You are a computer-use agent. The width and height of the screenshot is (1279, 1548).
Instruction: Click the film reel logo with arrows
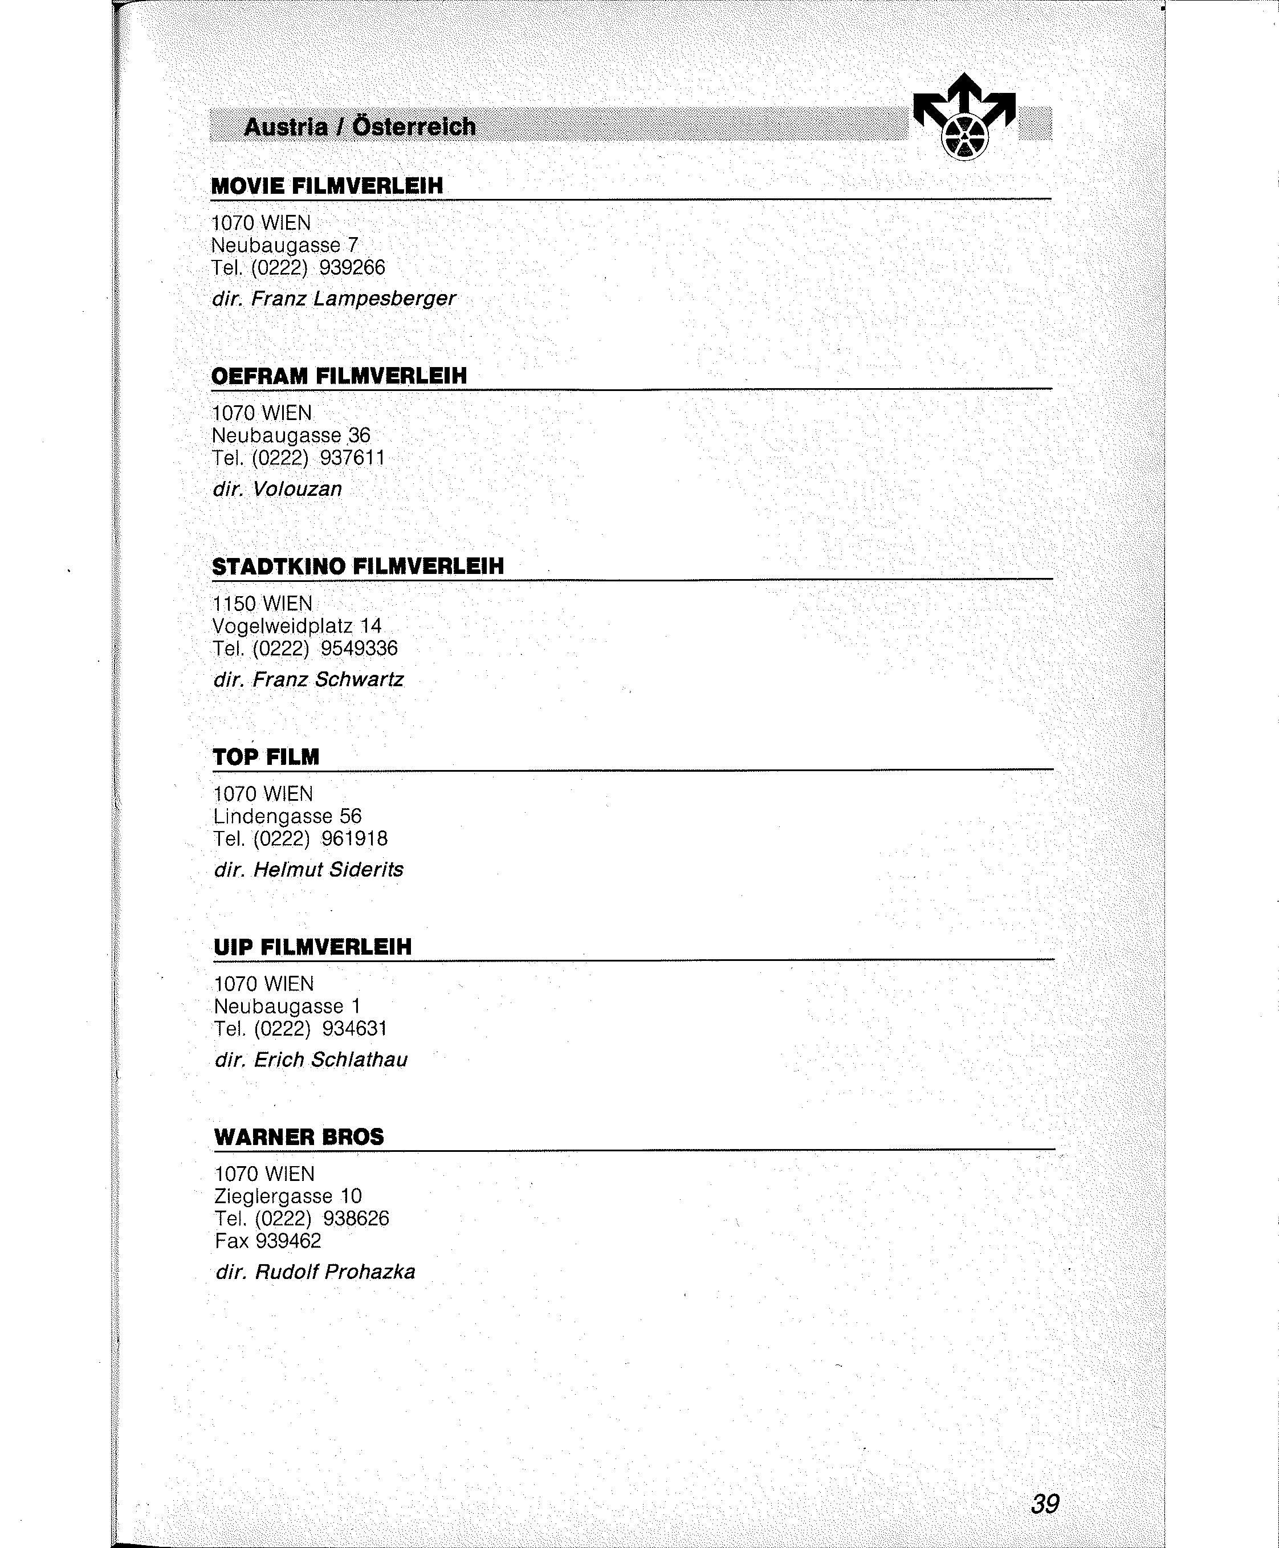(x=964, y=117)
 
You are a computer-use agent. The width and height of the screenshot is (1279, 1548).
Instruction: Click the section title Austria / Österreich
(x=360, y=127)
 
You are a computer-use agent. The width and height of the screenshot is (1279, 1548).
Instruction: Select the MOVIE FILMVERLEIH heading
(x=327, y=186)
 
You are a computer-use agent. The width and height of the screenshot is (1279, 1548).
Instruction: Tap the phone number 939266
(x=352, y=267)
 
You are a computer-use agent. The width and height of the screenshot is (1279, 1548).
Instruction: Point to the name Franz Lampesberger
(x=353, y=299)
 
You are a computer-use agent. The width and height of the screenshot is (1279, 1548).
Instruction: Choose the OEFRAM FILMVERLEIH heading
(x=339, y=376)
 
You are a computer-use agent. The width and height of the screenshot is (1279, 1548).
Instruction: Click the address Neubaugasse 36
(x=291, y=435)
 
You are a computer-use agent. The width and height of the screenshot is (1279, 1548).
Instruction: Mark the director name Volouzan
(x=297, y=488)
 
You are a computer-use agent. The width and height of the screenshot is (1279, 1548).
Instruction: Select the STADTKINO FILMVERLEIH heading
(x=358, y=566)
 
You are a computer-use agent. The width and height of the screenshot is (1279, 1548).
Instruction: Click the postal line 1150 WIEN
(x=262, y=604)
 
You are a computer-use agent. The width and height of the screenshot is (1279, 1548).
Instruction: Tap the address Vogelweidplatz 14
(x=297, y=626)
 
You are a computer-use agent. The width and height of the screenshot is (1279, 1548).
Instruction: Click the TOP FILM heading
(x=266, y=757)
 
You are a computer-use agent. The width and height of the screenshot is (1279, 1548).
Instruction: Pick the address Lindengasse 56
(x=287, y=816)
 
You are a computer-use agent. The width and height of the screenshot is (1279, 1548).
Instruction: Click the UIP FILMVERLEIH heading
(x=312, y=947)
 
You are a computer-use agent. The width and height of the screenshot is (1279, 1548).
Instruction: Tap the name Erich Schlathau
(x=330, y=1060)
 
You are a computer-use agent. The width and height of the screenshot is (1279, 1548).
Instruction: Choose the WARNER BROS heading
(x=299, y=1137)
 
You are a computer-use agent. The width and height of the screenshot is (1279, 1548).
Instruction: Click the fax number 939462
(x=288, y=1241)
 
